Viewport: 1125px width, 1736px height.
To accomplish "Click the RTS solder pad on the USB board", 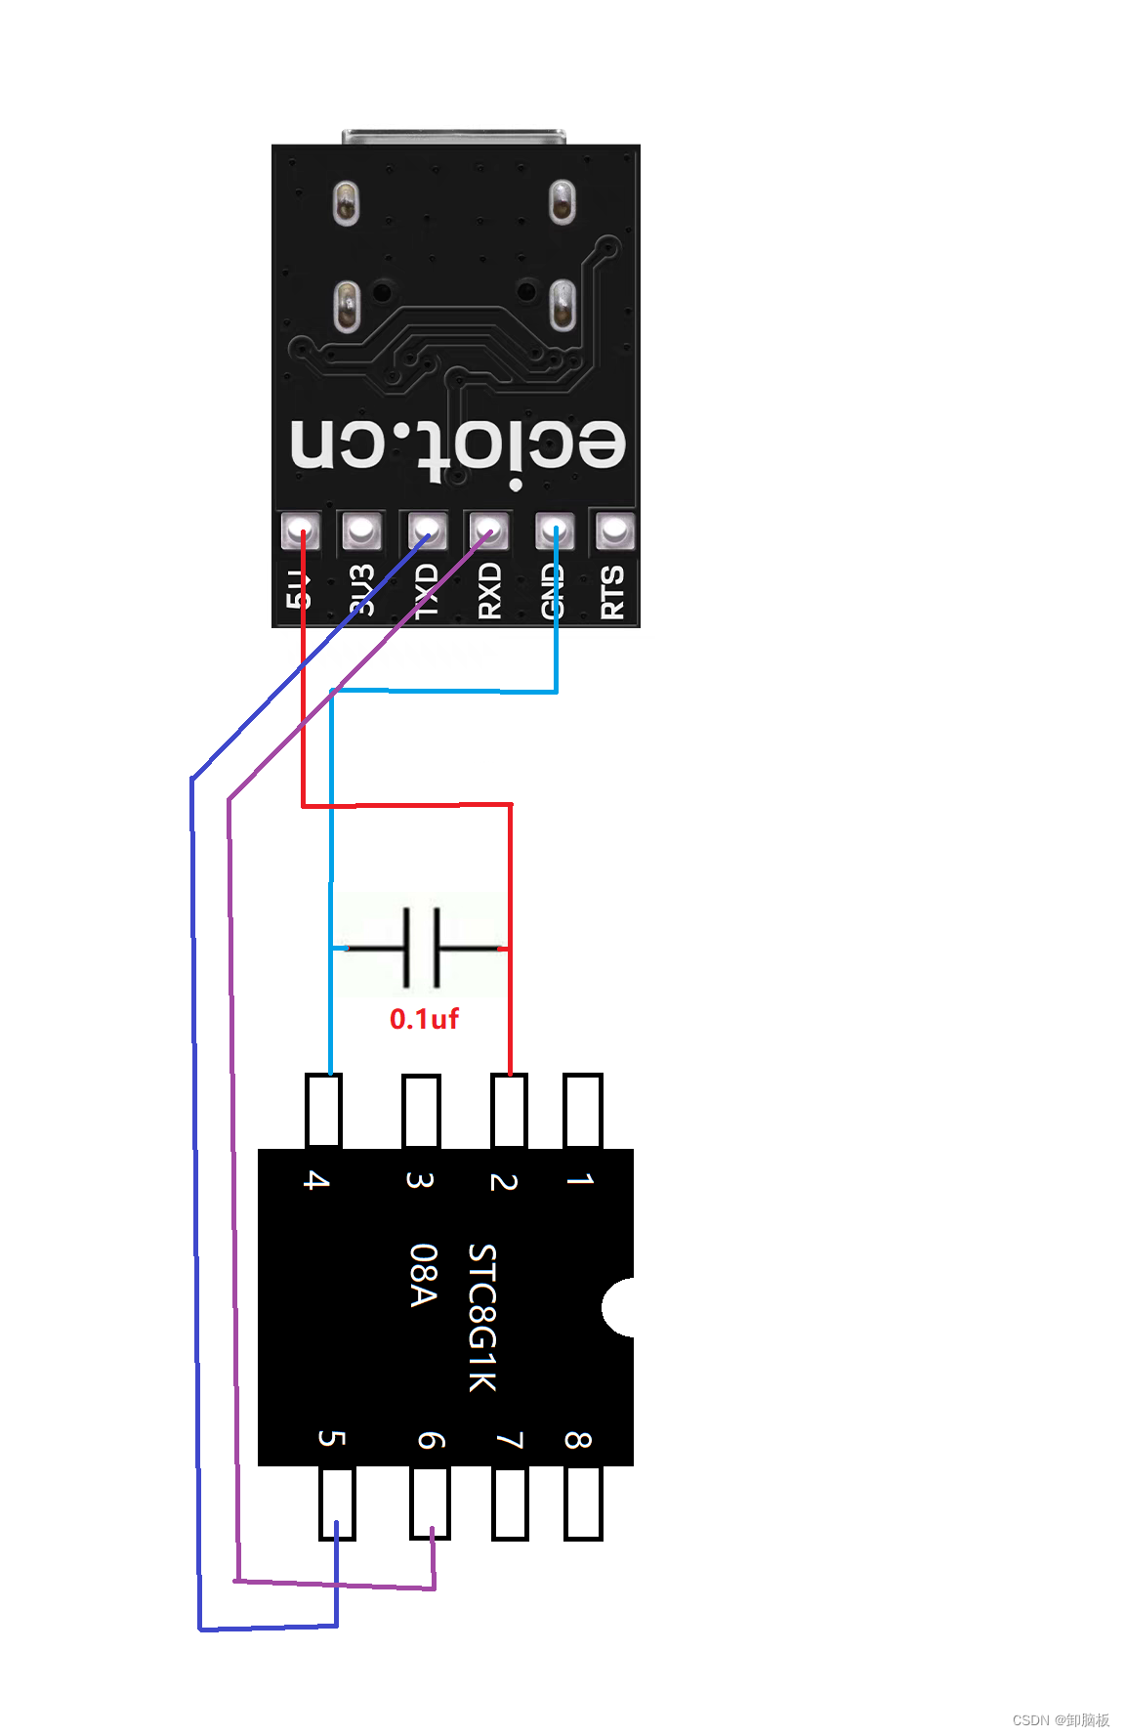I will (x=613, y=531).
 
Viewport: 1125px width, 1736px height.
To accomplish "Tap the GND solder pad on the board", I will (x=554, y=531).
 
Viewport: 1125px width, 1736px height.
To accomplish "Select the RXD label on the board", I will (x=489, y=590).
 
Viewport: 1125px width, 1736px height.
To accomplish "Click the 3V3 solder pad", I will (x=361, y=531).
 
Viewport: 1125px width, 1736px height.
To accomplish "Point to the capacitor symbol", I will (x=421, y=947).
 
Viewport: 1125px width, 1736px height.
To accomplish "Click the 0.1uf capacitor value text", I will (x=424, y=1019).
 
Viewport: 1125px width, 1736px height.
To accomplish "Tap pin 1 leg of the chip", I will (x=582, y=1111).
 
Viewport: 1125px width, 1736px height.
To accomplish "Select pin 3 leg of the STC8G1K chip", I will (x=421, y=1111).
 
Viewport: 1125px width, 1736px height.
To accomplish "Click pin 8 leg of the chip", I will (x=583, y=1503).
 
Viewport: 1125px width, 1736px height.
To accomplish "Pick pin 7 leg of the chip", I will (x=510, y=1503).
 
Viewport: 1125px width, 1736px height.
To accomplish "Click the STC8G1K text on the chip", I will (x=482, y=1317).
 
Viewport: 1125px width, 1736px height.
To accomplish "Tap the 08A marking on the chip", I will (x=422, y=1275).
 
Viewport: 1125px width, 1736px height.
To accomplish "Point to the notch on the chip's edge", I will (x=619, y=1307).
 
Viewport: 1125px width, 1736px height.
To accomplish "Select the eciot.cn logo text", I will (x=457, y=447).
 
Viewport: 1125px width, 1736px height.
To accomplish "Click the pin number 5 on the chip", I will (x=332, y=1438).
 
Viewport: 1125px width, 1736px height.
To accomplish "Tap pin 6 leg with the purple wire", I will (x=431, y=1503).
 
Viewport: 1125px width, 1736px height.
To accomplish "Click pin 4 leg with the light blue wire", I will (x=323, y=1111).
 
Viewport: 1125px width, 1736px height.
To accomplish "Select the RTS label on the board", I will (x=612, y=591).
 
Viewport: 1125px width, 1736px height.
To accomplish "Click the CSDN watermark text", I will (x=1061, y=1719).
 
